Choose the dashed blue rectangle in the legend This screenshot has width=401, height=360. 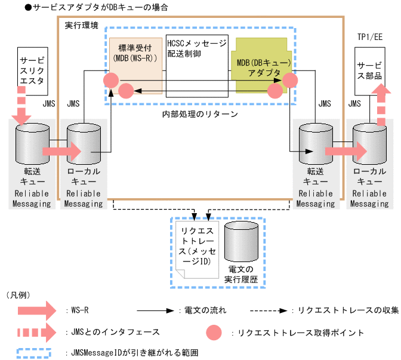click(36, 352)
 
